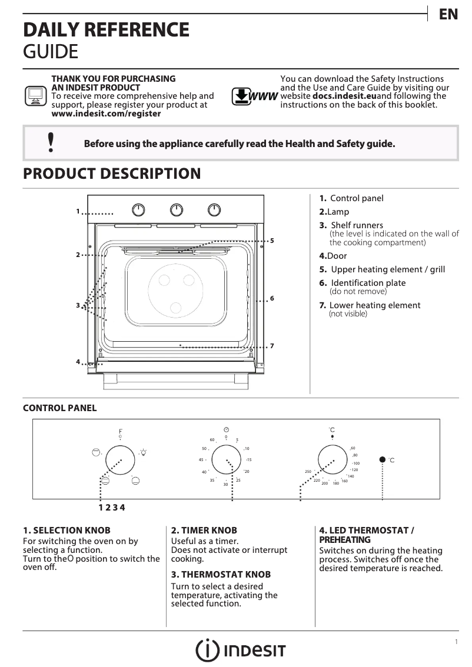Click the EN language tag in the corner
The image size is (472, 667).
pos(448,15)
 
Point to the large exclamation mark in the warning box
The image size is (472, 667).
pos(51,142)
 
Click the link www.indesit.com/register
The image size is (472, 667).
pos(106,114)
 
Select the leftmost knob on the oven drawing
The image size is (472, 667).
pos(138,209)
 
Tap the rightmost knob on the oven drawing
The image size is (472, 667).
pos(214,209)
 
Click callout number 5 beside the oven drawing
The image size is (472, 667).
pos(272,241)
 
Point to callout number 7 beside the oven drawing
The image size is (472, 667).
pos(272,345)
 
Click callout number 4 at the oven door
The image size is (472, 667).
pos(78,361)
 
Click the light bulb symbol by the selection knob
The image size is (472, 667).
pos(143,452)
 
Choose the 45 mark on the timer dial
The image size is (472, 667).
pos(201,459)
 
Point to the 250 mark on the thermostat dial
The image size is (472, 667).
pos(307,472)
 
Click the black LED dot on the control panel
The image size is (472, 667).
pos(383,459)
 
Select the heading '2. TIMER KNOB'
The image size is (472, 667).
pos(204,530)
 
